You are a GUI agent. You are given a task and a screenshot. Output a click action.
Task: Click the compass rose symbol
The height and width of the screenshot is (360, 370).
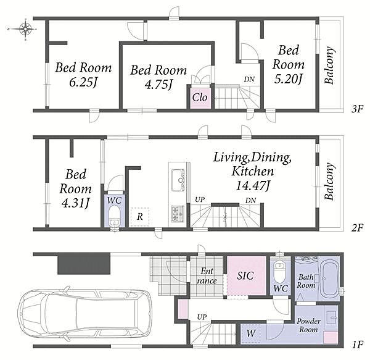(25, 29)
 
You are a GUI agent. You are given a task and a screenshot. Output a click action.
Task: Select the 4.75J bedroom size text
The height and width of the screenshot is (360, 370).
(158, 85)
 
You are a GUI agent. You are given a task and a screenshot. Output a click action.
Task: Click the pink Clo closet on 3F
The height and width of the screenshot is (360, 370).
(200, 98)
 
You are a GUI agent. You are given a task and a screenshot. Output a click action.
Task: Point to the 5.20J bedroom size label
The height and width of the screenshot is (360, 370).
(288, 79)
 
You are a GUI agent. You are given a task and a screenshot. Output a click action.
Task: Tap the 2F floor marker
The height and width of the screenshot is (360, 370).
(356, 228)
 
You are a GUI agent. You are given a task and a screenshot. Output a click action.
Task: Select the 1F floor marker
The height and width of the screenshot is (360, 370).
(357, 345)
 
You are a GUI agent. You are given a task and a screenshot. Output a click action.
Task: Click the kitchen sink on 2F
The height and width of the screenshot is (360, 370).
(179, 180)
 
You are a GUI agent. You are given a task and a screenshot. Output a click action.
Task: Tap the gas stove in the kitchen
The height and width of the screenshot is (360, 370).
(178, 214)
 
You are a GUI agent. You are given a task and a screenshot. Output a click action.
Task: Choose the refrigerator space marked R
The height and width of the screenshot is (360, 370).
(140, 217)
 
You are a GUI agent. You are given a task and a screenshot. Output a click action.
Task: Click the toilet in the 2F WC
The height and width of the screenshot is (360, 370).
(115, 216)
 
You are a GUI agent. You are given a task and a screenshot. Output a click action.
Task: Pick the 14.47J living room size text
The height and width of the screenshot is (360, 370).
(253, 186)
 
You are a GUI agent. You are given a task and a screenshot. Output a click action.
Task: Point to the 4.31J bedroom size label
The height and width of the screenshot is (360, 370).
(75, 203)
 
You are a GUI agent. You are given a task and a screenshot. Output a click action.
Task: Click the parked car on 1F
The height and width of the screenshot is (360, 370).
(85, 314)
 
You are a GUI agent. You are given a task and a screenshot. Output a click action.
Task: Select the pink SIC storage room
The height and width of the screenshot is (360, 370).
(247, 275)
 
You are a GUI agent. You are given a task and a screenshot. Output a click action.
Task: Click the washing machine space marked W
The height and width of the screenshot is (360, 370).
(250, 333)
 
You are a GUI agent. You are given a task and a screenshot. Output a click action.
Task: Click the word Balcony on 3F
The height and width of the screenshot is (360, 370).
(329, 65)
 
